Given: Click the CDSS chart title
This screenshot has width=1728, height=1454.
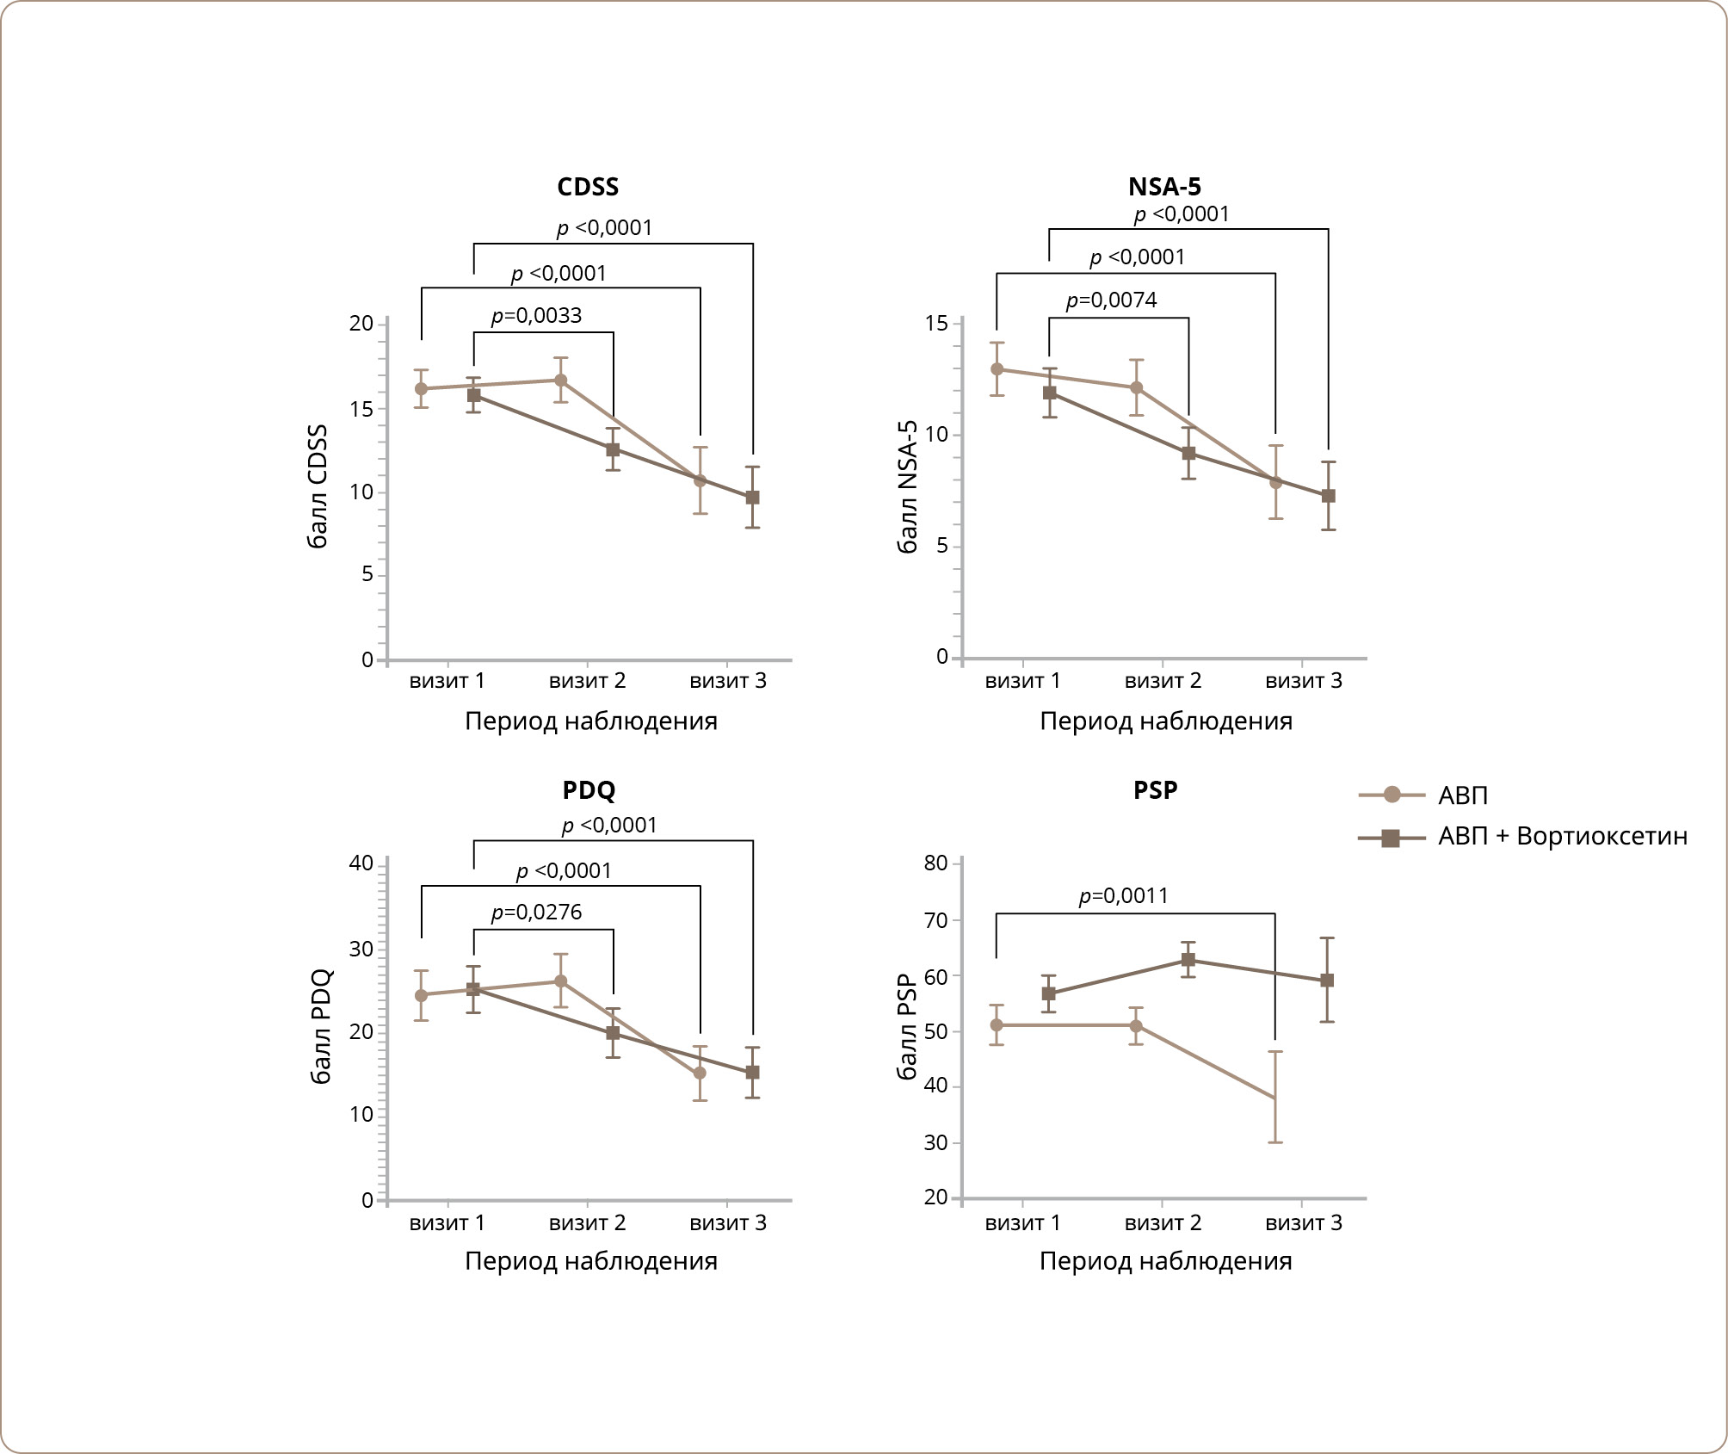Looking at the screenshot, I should tap(588, 187).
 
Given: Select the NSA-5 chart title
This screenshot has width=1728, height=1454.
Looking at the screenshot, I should tap(1164, 187).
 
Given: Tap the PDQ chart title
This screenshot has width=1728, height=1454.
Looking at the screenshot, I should tap(589, 790).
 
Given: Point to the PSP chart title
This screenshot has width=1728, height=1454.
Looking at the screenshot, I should tap(1155, 790).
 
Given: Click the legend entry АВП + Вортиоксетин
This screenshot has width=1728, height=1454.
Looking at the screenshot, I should tap(1562, 837).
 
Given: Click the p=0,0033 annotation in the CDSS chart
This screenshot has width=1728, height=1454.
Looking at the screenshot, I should tap(536, 316).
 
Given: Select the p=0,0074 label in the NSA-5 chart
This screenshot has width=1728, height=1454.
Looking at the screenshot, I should tap(1111, 300).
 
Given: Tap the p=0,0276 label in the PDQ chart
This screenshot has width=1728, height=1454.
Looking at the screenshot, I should tap(536, 913).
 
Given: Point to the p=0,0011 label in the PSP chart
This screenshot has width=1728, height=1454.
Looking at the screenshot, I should tap(1123, 896).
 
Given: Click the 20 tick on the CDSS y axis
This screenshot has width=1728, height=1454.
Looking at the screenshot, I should tap(361, 324).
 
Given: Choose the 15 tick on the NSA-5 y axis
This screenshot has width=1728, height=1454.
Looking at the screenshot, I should tap(936, 324).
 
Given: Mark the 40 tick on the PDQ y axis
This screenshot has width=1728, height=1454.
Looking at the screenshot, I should tap(361, 863).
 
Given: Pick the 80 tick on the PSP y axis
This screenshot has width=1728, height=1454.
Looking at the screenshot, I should tap(935, 863).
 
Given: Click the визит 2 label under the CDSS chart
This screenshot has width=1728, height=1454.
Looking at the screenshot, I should tap(587, 681).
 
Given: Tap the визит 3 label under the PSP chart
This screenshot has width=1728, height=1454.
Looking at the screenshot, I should tap(1303, 1223).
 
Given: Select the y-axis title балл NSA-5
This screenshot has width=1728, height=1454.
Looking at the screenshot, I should tap(908, 487).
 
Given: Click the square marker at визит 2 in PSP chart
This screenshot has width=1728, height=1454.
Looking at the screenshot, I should tap(1188, 960).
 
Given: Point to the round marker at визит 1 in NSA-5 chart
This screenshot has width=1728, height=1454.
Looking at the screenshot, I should tap(997, 369).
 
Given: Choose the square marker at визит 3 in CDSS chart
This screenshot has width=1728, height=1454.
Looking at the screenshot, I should tap(753, 498).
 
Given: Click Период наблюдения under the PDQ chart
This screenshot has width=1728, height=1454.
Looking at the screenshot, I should tap(591, 1261).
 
